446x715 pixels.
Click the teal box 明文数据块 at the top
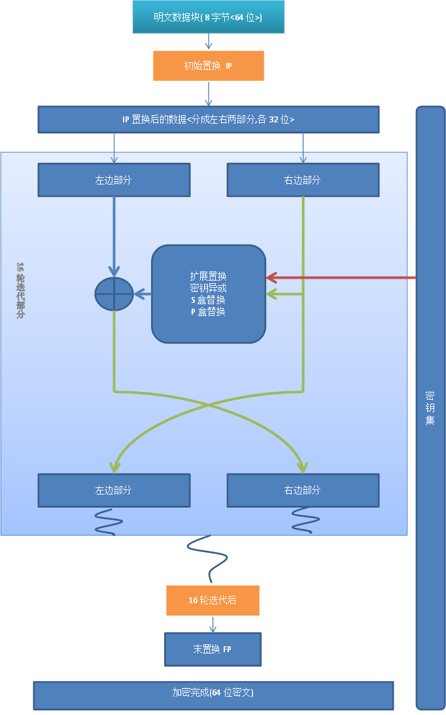point(209,17)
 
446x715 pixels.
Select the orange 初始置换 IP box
point(209,66)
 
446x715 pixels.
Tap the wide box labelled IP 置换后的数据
point(209,120)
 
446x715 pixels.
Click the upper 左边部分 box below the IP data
point(114,180)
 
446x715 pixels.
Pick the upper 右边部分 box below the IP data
point(303,180)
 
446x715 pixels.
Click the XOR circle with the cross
point(114,294)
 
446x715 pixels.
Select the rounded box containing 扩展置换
point(209,294)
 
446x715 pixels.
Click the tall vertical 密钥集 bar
point(430,407)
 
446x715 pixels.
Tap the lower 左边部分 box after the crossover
point(114,490)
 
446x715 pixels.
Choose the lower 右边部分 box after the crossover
point(303,490)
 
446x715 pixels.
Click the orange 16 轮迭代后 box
point(213,601)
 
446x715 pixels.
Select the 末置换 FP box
point(213,649)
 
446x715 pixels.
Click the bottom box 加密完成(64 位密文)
point(213,695)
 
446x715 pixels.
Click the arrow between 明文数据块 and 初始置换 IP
point(209,42)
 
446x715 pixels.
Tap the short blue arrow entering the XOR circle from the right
point(143,294)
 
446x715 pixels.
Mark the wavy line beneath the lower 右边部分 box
point(305,520)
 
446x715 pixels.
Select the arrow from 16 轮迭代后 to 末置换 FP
point(213,624)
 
